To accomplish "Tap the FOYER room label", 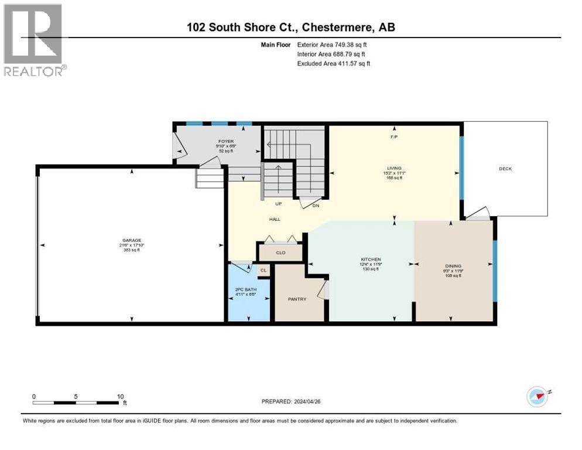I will [x=225, y=141].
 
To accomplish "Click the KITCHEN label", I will [x=371, y=259].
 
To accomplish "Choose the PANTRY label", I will [x=297, y=299].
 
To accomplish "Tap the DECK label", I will [x=505, y=169].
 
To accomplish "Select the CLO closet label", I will [x=280, y=254].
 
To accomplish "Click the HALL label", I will [x=275, y=219].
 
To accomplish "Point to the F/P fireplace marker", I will [x=393, y=137].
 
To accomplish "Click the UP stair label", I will [x=279, y=204].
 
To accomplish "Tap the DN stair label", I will [x=316, y=205].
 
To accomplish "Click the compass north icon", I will [x=537, y=396].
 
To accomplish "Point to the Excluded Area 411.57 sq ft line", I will [x=334, y=63].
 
